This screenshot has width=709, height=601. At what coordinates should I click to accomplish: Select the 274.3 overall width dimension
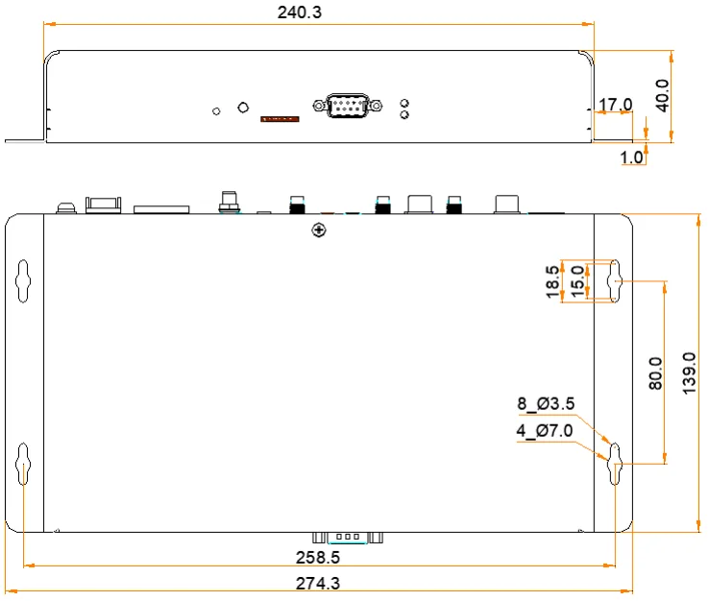click(x=321, y=584)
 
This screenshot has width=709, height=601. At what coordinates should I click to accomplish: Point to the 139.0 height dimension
click(x=688, y=372)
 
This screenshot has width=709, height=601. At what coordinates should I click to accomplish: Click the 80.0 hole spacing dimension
click(x=655, y=373)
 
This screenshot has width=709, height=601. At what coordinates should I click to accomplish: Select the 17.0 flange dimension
click(x=615, y=104)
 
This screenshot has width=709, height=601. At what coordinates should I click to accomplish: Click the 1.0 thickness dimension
click(x=632, y=156)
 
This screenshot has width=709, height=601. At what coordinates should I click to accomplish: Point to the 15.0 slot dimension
click(x=575, y=282)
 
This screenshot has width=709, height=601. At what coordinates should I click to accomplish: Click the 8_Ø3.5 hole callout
click(x=546, y=404)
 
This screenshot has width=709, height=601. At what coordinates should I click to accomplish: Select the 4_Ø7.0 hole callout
click(x=544, y=431)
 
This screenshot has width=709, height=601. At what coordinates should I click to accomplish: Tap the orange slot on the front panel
click(x=280, y=120)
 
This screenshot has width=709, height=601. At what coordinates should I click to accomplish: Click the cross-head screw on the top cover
click(x=319, y=229)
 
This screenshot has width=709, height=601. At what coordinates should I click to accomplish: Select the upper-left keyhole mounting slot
click(x=24, y=279)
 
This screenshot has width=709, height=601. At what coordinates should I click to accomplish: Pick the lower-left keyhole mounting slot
click(x=24, y=465)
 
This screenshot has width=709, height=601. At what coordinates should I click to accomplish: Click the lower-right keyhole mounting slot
click(x=616, y=465)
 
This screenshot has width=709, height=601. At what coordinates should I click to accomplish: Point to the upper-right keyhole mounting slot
click(x=616, y=279)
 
